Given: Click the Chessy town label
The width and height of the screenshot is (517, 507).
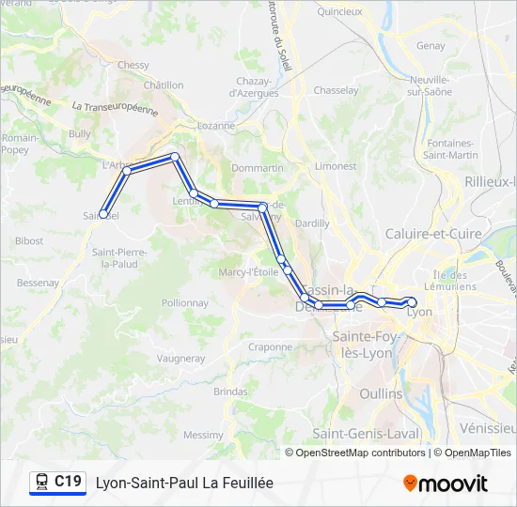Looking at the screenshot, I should coord(133,65).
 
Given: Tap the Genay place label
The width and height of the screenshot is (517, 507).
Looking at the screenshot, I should coord(431,45).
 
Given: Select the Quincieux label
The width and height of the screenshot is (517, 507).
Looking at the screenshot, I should coord(339,12).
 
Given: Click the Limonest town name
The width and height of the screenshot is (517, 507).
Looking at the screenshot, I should coord(336,165).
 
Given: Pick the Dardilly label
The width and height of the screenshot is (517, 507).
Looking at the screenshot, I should coord(312,223).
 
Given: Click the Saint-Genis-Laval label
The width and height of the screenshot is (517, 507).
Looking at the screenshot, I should coord(366,433).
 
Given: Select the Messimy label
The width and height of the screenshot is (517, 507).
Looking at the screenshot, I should coord(203,435).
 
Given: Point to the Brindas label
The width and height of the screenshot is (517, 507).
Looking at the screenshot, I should coord(230,391).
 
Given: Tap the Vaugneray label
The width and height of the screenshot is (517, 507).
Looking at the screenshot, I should coord(180,358).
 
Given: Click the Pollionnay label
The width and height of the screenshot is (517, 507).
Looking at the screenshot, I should coord(185,303).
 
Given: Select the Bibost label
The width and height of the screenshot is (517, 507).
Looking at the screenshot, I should coord(29,240).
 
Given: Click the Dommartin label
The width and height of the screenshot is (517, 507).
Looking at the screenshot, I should coord(257,167).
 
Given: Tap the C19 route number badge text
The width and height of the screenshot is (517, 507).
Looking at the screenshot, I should coord(68,482).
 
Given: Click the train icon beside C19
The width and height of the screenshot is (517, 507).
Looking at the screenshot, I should coord(41,482).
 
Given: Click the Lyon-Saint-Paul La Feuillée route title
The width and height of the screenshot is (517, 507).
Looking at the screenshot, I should coord(184,483).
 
